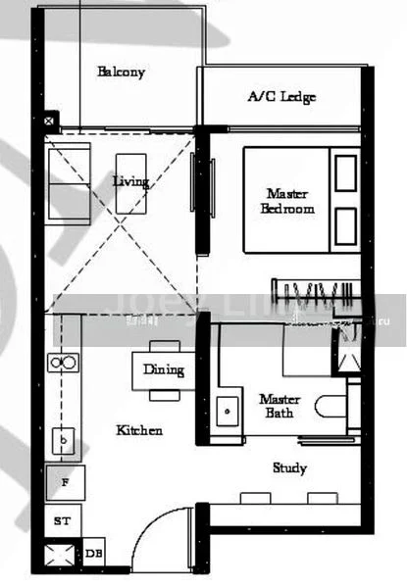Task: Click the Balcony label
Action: point(122,73)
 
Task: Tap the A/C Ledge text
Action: point(281,97)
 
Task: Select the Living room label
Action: point(130,181)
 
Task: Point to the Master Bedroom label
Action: point(287,201)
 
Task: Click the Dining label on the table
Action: point(163,369)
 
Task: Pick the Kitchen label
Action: point(139,430)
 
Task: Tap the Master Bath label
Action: point(280,406)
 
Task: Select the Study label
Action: point(289,468)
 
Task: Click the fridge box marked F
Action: point(65,483)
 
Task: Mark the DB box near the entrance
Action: point(94,555)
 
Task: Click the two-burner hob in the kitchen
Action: point(63,364)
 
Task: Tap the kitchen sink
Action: point(64,443)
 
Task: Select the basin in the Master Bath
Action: point(229,408)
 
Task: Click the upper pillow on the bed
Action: point(345,173)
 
